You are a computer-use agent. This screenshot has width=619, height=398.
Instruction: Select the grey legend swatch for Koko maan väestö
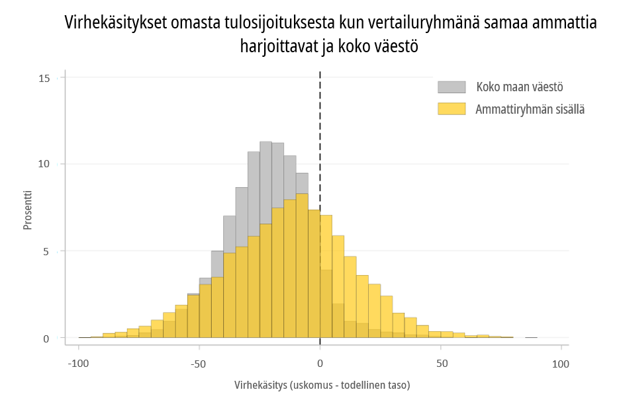(452, 87)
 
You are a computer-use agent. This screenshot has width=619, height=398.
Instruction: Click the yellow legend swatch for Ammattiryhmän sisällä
(452, 109)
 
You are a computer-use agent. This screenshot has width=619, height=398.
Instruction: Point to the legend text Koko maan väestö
(520, 87)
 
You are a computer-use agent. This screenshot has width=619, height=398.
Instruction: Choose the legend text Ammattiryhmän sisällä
(530, 109)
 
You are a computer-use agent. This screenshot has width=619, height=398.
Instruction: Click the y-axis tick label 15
(44, 79)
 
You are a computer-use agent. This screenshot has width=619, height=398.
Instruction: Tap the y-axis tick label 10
(44, 164)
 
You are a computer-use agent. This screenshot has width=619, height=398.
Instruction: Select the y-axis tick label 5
(46, 251)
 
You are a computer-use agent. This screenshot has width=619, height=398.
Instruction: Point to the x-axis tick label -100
(78, 364)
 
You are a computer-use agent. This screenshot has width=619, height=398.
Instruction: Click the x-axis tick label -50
(199, 364)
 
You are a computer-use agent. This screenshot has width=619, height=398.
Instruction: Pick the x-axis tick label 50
(442, 364)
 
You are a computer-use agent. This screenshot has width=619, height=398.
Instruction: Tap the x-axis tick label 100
(561, 364)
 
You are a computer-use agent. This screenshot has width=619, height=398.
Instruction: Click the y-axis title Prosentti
(27, 210)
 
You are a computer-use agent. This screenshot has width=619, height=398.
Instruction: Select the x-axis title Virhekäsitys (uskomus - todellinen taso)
(322, 385)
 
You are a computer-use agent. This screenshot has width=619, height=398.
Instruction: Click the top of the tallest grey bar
(265, 142)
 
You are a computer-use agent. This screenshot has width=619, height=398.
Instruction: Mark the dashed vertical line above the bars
(320, 141)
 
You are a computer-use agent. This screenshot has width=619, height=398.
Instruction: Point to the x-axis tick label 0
(320, 364)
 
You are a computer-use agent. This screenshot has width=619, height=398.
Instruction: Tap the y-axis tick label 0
(46, 339)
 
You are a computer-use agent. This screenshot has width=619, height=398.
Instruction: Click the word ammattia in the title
(564, 23)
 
